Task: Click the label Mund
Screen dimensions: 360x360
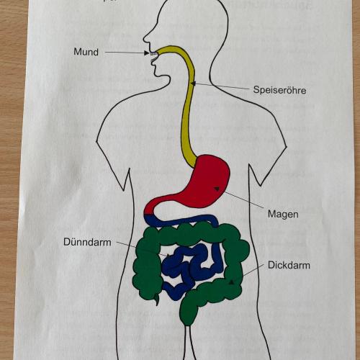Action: pos(86,52)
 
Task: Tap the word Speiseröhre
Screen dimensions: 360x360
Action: pos(279,90)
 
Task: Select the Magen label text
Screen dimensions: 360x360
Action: pos(283,214)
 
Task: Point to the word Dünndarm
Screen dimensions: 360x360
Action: pos(87,242)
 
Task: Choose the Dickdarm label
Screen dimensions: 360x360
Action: pos(289,265)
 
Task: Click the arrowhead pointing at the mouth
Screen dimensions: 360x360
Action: pos(147,53)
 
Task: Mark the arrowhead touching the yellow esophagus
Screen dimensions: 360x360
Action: pos(193,84)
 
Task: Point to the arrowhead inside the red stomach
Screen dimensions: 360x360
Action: pos(217,189)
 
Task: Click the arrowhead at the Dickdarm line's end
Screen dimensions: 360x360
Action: pos(231,282)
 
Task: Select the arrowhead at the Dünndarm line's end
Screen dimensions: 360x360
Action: pos(168,256)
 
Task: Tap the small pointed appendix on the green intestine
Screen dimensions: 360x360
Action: pos(157,300)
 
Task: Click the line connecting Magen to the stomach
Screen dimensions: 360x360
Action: pos(243,199)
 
